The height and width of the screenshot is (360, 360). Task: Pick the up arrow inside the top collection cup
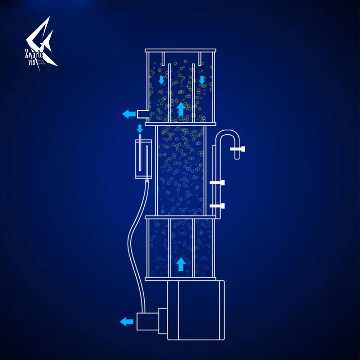point(181,108)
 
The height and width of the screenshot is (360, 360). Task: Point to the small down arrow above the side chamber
point(140,128)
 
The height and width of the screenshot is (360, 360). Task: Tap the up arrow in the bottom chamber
point(181,264)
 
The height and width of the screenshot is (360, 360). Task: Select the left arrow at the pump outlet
point(126,321)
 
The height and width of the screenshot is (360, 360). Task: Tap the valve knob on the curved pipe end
point(240,149)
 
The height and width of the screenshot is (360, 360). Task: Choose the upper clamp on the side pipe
point(217,183)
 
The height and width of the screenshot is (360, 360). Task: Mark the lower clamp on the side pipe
point(217,206)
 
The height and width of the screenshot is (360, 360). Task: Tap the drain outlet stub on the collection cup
point(141,114)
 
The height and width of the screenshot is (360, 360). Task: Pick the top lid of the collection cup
point(180,50)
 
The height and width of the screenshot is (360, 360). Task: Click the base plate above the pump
point(180,279)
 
